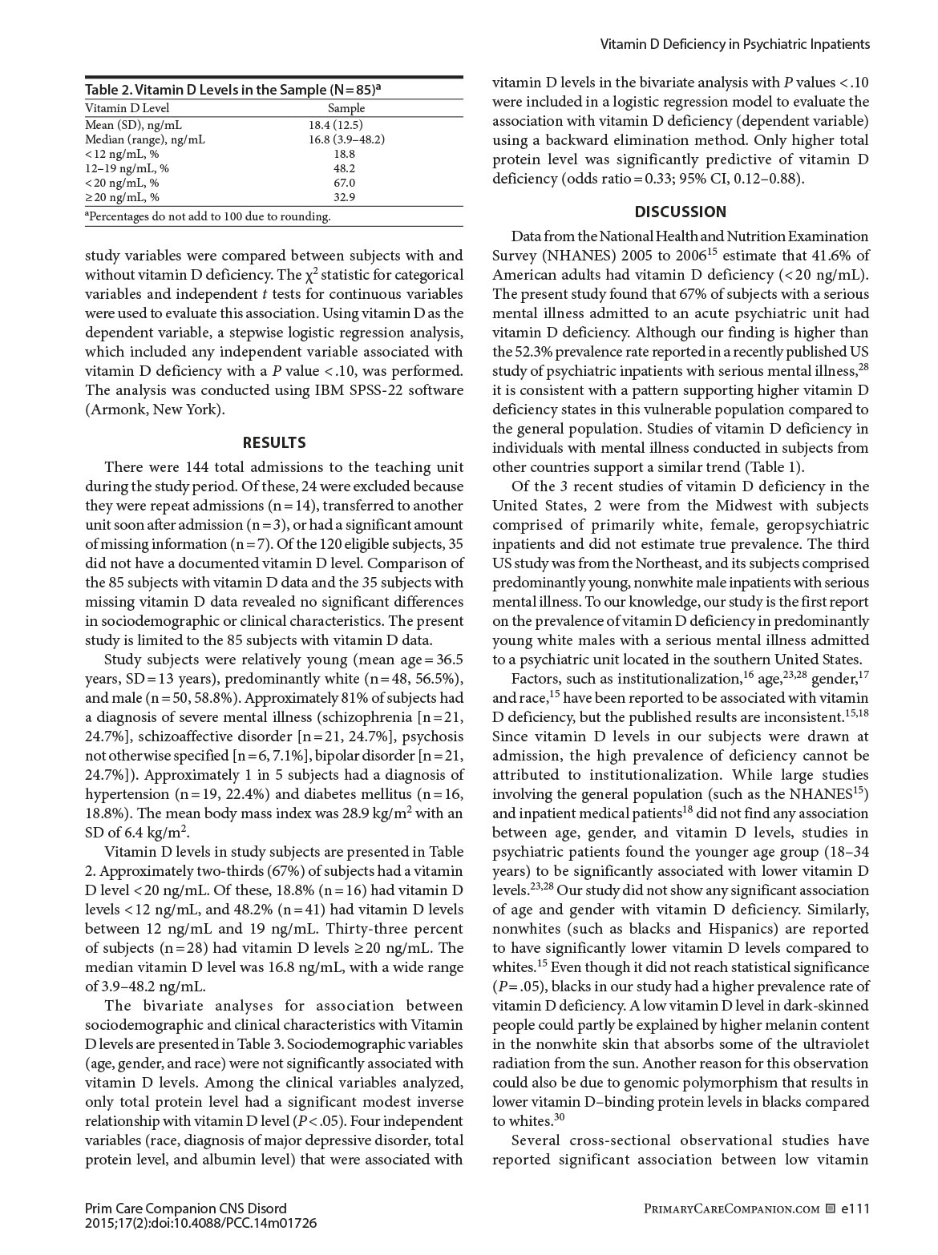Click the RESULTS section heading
273,442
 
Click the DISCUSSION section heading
680,212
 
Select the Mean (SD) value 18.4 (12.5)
335,125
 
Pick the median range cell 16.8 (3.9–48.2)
346,139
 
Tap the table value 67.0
345,183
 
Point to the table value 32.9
345,197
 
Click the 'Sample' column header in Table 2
346,108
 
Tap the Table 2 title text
232,90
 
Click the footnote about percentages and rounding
208,216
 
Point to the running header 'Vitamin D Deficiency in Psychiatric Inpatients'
734,44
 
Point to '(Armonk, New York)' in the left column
155,410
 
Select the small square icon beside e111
830,1209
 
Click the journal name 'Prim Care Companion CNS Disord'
185,1209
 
